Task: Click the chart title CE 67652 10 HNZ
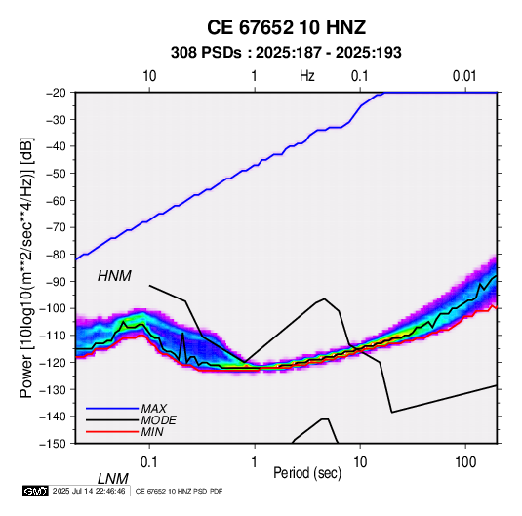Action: (286, 27)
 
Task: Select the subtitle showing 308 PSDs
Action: (286, 53)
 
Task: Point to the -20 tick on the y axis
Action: (56, 93)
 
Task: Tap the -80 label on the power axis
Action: (56, 255)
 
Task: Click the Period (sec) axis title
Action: (307, 473)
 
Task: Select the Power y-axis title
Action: (26, 268)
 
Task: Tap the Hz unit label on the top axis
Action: (307, 76)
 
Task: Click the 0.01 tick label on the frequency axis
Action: (464, 76)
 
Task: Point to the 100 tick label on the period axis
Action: (465, 462)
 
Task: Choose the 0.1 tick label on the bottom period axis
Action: (149, 462)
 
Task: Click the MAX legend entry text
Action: (153, 409)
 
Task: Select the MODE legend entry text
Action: (158, 420)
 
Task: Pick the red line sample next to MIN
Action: (112, 432)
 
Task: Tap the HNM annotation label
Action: (114, 276)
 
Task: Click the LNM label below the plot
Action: (113, 479)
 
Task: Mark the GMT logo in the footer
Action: (35, 491)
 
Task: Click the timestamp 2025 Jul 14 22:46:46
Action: (89, 491)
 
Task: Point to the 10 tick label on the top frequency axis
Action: (149, 76)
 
